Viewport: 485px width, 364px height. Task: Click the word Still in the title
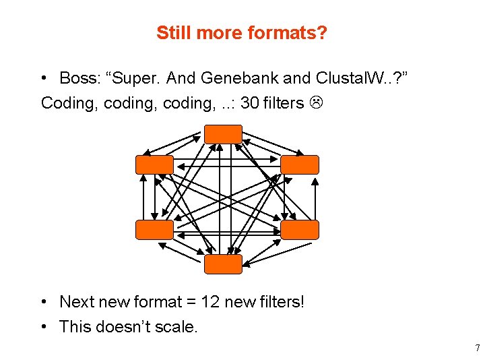pos(172,32)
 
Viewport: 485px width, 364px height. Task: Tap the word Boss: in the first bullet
pos(80,78)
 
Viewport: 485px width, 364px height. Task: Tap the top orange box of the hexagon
pos(223,133)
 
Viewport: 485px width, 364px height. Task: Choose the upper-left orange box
pos(154,164)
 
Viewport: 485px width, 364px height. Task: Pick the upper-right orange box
pos(300,164)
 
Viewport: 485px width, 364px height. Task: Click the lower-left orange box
pos(154,229)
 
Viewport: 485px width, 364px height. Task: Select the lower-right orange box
pos(300,229)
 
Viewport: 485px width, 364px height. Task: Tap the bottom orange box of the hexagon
pos(223,264)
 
